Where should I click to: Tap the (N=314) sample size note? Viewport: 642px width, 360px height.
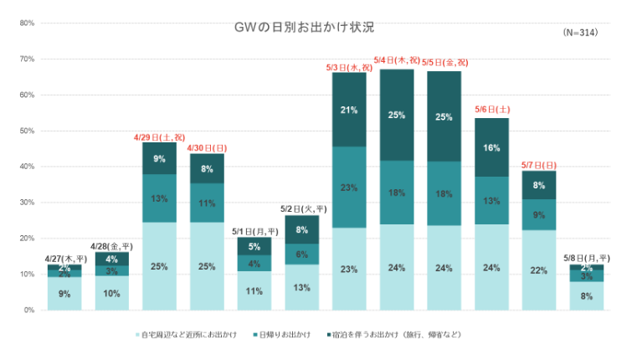[x=580, y=32]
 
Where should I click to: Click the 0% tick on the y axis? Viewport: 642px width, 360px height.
[x=28, y=311]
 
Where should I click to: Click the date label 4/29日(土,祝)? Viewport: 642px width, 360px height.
[x=159, y=136]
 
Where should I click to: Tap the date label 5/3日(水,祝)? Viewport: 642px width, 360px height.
[x=349, y=67]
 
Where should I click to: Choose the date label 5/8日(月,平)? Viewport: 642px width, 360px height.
[x=587, y=258]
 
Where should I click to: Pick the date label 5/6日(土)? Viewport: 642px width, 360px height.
[x=492, y=110]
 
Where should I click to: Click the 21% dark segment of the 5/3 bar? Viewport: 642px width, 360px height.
[x=349, y=110]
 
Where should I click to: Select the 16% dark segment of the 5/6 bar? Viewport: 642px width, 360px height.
[x=492, y=147]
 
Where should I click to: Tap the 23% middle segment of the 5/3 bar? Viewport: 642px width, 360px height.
[x=349, y=188]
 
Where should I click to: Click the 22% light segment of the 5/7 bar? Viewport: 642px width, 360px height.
[x=539, y=270]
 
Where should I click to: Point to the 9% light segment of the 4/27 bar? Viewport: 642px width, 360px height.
[x=64, y=294]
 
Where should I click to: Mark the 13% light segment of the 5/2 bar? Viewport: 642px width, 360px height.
[x=301, y=287]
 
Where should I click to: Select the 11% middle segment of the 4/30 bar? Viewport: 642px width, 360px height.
[x=207, y=203]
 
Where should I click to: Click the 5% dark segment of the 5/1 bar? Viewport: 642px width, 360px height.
[x=254, y=246]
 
